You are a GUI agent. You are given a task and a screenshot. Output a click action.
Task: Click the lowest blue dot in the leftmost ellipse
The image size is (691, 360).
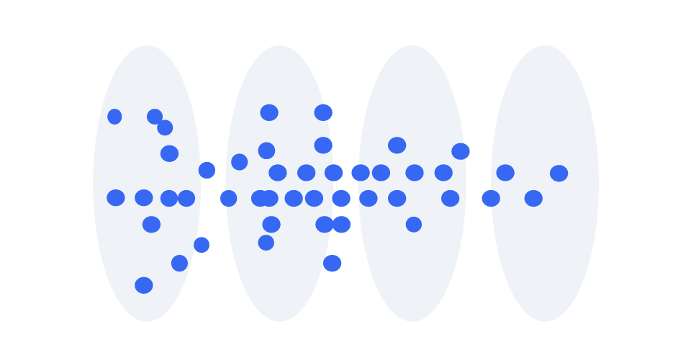click(144, 285)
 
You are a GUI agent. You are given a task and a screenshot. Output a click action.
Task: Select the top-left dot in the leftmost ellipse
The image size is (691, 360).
click(114, 117)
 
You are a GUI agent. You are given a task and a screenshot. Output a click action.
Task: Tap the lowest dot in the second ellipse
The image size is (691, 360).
click(332, 264)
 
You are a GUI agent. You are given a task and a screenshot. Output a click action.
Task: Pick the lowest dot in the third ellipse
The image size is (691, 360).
click(413, 225)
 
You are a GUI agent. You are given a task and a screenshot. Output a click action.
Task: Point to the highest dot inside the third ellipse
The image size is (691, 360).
click(397, 145)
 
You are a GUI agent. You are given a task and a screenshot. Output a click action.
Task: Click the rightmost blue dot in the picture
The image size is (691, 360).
click(559, 174)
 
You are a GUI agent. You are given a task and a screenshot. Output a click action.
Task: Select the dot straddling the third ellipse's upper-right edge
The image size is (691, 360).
click(461, 151)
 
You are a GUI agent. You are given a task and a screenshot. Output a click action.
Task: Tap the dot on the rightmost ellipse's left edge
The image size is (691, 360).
click(491, 198)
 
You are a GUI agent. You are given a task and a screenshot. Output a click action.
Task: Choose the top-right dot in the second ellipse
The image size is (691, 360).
click(323, 112)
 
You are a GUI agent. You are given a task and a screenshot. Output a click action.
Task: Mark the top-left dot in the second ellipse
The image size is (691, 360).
click(269, 112)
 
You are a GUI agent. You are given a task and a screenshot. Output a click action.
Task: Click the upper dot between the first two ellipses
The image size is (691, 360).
click(207, 170)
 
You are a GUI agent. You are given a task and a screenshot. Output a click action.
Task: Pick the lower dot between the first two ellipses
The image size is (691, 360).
click(202, 245)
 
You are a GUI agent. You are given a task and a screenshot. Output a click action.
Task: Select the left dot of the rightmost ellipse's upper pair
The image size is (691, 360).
click(505, 173)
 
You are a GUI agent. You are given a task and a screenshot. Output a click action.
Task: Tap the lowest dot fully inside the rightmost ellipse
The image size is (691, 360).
click(533, 199)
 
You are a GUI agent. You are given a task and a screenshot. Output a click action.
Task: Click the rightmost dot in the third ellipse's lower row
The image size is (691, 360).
click(450, 198)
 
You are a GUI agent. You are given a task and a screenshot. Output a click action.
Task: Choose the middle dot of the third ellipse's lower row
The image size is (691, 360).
click(397, 198)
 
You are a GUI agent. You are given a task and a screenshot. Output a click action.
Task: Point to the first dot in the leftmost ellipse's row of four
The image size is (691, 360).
click(116, 198)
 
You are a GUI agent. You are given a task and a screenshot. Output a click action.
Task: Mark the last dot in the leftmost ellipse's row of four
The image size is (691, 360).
click(186, 198)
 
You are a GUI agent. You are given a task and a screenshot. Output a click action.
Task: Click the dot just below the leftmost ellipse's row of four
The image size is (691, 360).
click(151, 225)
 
